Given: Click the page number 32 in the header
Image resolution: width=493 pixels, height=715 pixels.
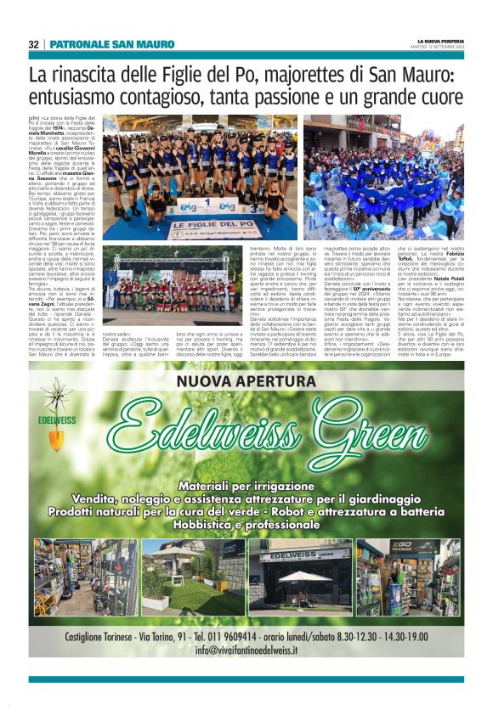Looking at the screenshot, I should pyautogui.click(x=33, y=44).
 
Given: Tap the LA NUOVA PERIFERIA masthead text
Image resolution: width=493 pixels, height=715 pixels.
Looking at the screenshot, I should pyautogui.click(x=440, y=41).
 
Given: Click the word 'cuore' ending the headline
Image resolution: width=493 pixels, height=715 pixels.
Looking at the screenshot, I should pyautogui.click(x=437, y=97).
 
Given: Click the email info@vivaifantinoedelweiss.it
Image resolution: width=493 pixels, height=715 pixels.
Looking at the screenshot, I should pyautogui.click(x=246, y=650).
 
